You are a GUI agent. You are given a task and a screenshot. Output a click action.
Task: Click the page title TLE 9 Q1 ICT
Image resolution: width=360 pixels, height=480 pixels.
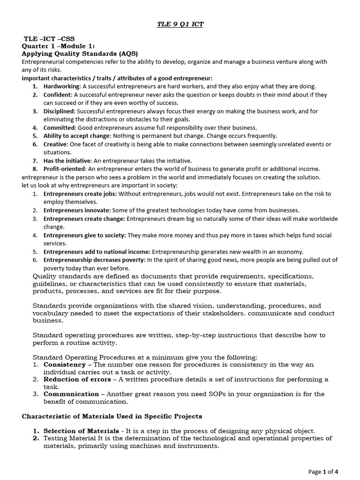(180, 24)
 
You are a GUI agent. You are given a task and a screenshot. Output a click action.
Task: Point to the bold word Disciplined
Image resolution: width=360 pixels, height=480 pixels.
(59, 111)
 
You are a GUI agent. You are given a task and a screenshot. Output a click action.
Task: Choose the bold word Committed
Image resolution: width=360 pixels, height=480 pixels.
(60, 127)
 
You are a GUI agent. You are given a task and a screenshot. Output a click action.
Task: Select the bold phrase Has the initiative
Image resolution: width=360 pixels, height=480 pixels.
(67, 160)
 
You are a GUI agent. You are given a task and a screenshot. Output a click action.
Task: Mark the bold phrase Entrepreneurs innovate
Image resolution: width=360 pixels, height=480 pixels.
(77, 210)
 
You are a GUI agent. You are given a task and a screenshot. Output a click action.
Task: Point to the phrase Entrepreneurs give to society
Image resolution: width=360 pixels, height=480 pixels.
(85, 235)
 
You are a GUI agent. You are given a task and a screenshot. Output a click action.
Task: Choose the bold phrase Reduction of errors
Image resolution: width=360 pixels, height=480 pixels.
(77, 379)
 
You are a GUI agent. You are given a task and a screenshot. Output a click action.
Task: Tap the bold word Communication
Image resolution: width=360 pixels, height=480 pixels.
(71, 394)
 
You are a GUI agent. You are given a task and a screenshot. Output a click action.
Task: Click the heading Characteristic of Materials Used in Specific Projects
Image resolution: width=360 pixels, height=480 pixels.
(112, 417)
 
